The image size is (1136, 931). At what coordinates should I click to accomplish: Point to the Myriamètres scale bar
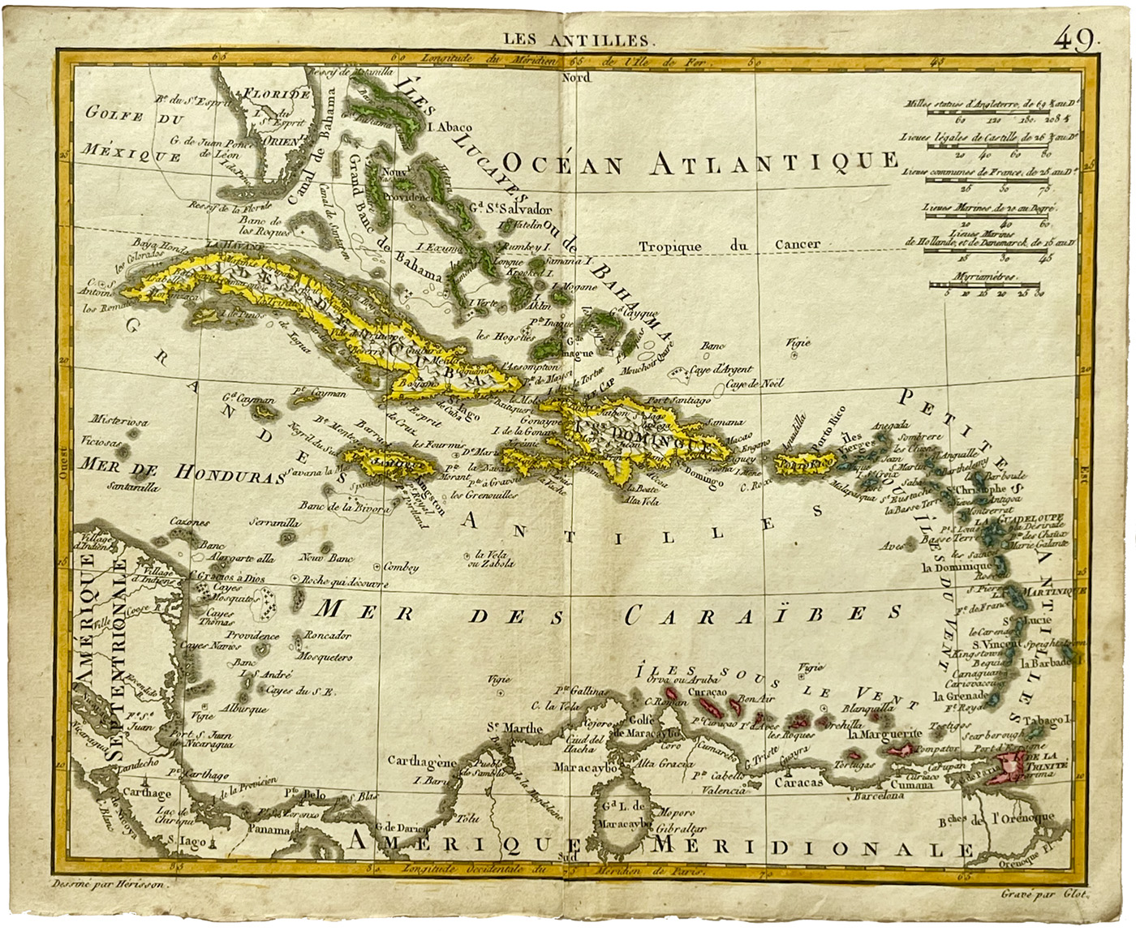click(x=985, y=286)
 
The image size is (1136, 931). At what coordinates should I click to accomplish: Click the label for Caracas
click(x=799, y=782)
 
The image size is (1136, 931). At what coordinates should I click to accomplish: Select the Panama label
click(x=269, y=830)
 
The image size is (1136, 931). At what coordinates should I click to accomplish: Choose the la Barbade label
click(x=1047, y=663)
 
